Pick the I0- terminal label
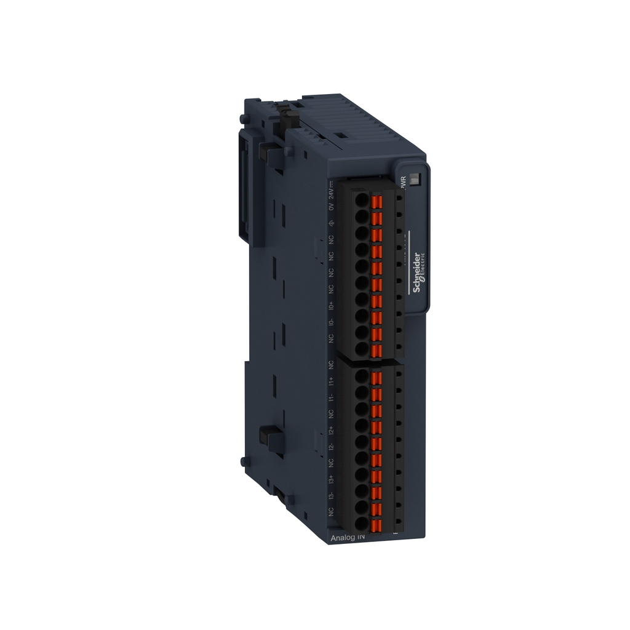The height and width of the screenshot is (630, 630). (331, 322)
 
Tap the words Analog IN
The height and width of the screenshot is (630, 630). (348, 538)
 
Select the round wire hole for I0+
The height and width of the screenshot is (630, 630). (362, 299)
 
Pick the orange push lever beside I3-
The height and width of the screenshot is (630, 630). (377, 510)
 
